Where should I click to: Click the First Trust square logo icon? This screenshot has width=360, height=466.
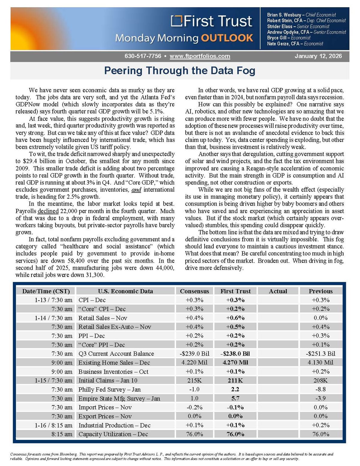(176, 21)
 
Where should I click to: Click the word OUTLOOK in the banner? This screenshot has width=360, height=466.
(227, 38)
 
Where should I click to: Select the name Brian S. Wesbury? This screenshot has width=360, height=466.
(284, 15)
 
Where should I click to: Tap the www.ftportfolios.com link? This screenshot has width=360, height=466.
(200, 56)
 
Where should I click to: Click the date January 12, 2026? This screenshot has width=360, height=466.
(318, 56)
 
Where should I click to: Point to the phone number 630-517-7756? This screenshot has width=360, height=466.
(143, 56)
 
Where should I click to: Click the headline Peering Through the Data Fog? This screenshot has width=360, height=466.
(180, 71)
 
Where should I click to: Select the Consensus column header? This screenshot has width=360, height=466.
(194, 291)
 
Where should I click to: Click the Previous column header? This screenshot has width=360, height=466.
(320, 291)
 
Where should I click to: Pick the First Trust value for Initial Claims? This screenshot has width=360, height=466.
(235, 380)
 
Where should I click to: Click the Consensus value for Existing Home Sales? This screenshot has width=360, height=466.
(194, 362)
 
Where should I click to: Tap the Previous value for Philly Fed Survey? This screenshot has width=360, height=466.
(320, 389)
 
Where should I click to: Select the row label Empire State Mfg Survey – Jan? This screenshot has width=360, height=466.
(119, 398)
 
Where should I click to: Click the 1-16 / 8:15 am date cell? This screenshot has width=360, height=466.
(53, 425)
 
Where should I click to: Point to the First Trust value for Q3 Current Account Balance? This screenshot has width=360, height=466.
(235, 354)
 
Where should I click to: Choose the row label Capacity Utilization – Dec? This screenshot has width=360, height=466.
(113, 434)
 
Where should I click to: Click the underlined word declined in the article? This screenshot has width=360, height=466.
(48, 211)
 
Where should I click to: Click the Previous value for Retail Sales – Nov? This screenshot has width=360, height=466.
(320, 318)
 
